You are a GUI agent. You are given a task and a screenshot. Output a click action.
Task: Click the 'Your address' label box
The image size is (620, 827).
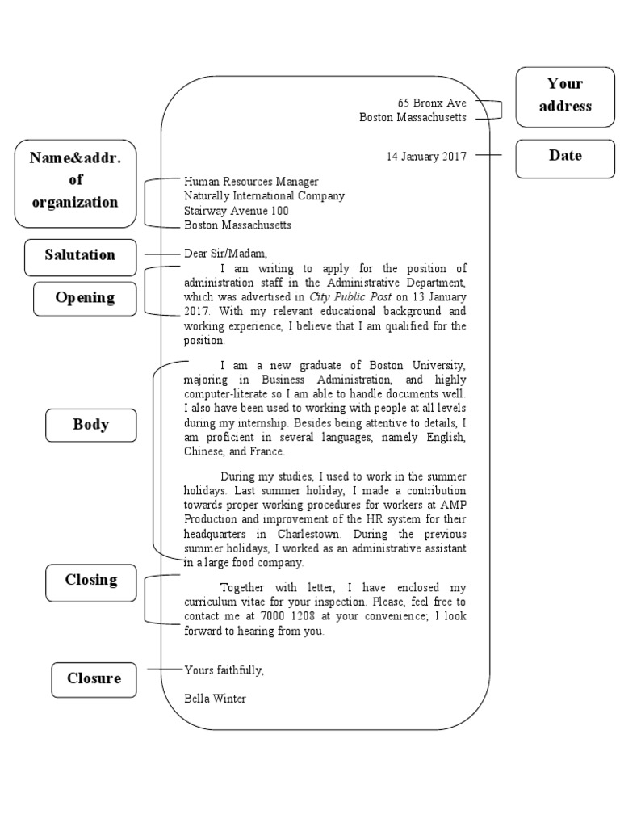(565, 95)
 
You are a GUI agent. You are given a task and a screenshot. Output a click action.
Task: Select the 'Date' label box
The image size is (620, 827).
(565, 156)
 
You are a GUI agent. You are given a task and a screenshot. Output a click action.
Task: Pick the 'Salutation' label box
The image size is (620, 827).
(80, 255)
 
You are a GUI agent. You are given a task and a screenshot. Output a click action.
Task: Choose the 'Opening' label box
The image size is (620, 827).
(85, 298)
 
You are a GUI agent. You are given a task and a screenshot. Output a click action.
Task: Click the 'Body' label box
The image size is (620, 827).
(90, 425)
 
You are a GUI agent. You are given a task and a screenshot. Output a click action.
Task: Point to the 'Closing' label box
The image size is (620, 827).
(91, 580)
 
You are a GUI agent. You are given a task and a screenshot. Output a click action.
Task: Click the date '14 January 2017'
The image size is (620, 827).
(427, 157)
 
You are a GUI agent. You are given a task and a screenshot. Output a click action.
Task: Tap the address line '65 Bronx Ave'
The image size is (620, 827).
(432, 103)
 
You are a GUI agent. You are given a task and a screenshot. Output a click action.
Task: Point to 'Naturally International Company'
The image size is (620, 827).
(264, 196)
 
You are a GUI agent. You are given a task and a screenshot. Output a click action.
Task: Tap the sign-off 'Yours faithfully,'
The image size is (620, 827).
(224, 670)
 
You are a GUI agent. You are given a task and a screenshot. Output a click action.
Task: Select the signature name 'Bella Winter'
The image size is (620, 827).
(215, 699)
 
